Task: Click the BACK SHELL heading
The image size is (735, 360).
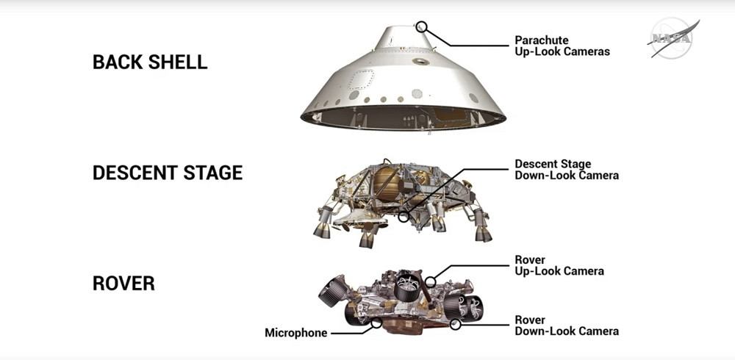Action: pyautogui.click(x=150, y=62)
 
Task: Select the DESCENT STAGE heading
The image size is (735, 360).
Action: pyautogui.click(x=168, y=173)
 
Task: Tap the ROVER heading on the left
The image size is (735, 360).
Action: pyautogui.click(x=123, y=283)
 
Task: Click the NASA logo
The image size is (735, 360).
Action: pyautogui.click(x=673, y=38)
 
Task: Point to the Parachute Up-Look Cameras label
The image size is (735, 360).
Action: pyautogui.click(x=562, y=46)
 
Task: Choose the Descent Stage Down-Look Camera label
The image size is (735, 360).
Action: pyautogui.click(x=567, y=170)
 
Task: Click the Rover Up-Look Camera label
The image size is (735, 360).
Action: pyautogui.click(x=559, y=265)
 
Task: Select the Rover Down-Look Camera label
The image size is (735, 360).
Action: pyautogui.click(x=567, y=325)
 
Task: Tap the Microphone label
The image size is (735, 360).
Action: pyautogui.click(x=295, y=333)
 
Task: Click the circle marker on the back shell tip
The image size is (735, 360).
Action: pyautogui.click(x=421, y=26)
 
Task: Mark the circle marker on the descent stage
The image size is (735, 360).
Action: pyautogui.click(x=404, y=217)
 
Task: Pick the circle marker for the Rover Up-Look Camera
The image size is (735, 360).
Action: pyautogui.click(x=430, y=281)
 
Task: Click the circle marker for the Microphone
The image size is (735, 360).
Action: pyautogui.click(x=376, y=323)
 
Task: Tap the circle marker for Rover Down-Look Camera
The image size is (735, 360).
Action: pyautogui.click(x=455, y=324)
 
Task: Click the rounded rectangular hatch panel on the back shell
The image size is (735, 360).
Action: pyautogui.click(x=360, y=81)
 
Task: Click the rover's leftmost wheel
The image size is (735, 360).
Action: pyautogui.click(x=332, y=291)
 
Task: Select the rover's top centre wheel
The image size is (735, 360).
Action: pyautogui.click(x=408, y=286)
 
